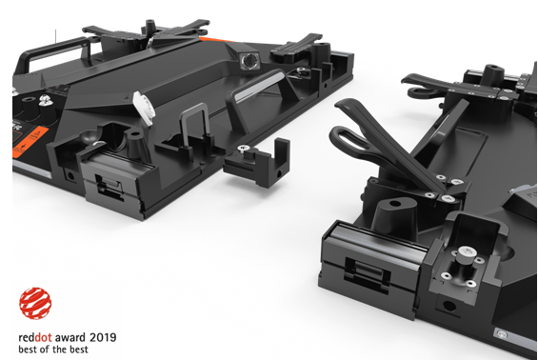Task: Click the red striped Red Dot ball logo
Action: point(35,304)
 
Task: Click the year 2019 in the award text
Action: point(103,338)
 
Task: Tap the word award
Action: point(70,338)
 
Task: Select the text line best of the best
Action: point(53,350)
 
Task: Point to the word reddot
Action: point(35,338)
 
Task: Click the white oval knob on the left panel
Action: point(144,108)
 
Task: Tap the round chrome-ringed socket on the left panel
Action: point(248,62)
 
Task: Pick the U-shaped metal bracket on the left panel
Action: point(194,126)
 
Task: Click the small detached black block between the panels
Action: point(256,163)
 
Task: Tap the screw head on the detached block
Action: point(244,149)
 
